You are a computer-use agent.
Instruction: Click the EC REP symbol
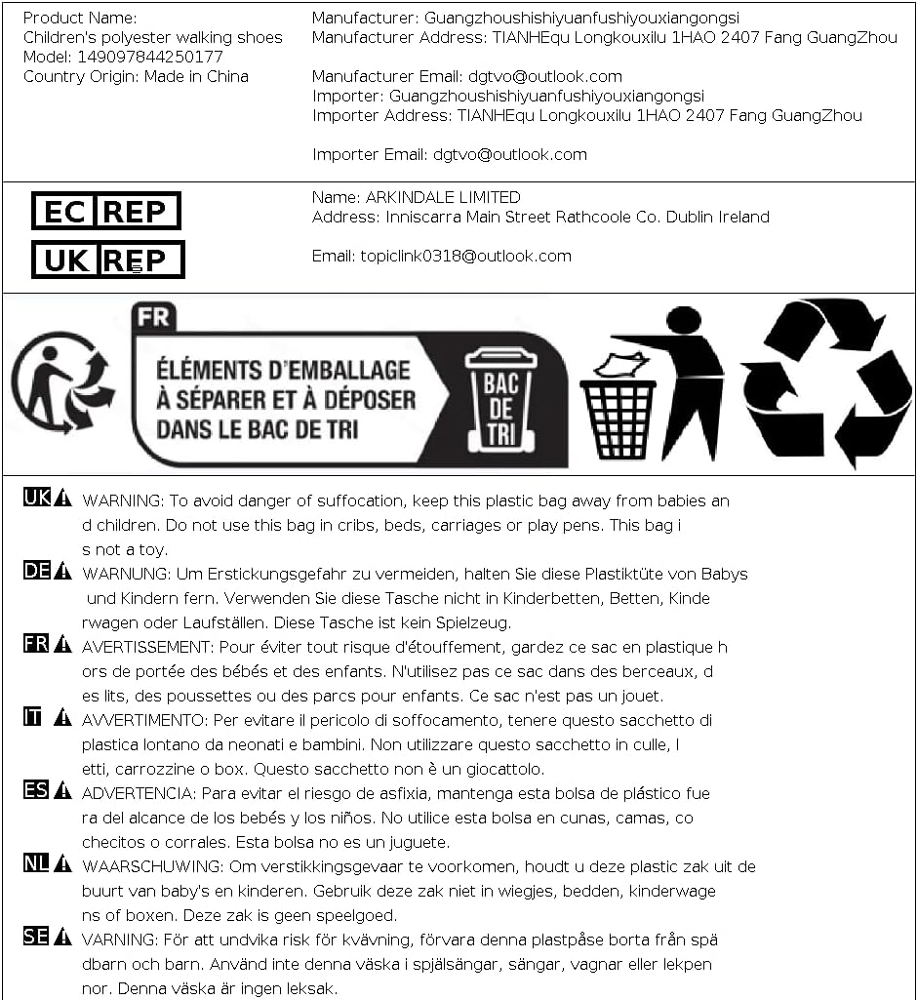pyautogui.click(x=106, y=211)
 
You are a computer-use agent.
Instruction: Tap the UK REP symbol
pyautogui.click(x=107, y=260)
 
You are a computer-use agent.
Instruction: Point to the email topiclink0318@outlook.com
pyautogui.click(x=465, y=256)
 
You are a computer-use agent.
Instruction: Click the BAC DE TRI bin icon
pyautogui.click(x=500, y=398)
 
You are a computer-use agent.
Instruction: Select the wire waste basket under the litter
pyautogui.click(x=618, y=418)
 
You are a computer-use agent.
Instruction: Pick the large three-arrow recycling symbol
pyautogui.click(x=825, y=382)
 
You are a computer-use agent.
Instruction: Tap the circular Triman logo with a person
pyautogui.click(x=63, y=382)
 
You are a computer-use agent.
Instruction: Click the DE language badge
pyautogui.click(x=36, y=571)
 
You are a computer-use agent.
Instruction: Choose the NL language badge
pyautogui.click(x=36, y=862)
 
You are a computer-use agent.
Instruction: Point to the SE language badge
pyautogui.click(x=36, y=937)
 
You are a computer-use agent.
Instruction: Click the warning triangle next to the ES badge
pyautogui.click(x=63, y=790)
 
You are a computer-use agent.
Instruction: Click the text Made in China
pyautogui.click(x=196, y=76)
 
